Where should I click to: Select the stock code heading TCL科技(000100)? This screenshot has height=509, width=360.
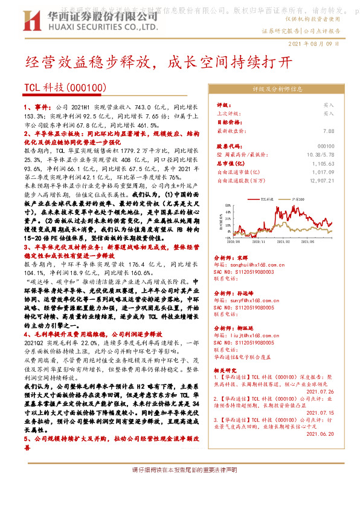tap(65, 88)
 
